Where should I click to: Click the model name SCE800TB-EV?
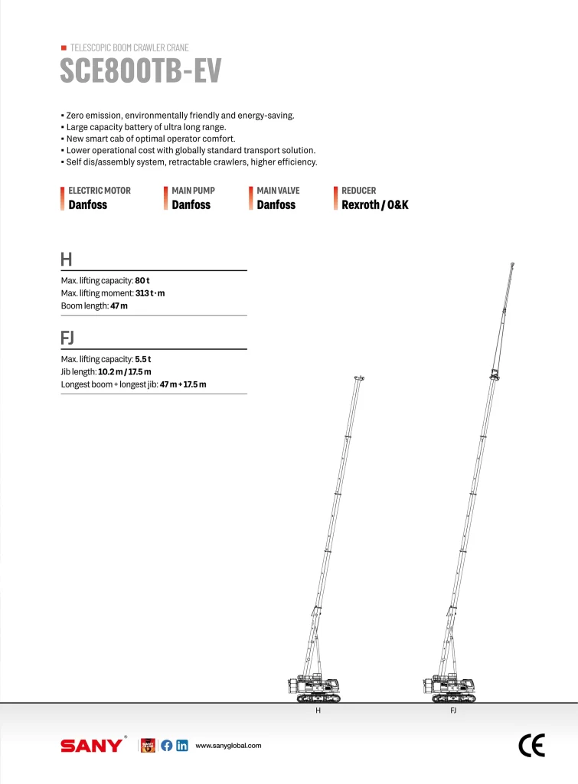click(141, 71)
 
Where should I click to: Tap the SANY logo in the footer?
click(91, 746)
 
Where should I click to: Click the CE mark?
click(531, 746)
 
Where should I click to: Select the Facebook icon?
click(166, 746)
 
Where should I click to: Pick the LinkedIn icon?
click(182, 746)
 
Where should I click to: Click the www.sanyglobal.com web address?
click(229, 746)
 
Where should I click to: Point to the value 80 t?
click(142, 281)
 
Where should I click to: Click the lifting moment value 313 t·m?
click(150, 293)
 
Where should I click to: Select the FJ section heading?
click(67, 338)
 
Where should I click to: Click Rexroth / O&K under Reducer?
click(375, 205)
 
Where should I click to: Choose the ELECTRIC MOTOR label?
click(100, 191)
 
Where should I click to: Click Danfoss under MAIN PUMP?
click(191, 205)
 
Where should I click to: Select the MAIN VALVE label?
click(278, 191)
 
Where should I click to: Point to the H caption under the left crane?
click(318, 711)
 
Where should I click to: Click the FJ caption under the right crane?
click(453, 711)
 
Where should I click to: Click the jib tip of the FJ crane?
click(512, 265)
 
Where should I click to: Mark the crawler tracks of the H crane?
click(320, 697)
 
